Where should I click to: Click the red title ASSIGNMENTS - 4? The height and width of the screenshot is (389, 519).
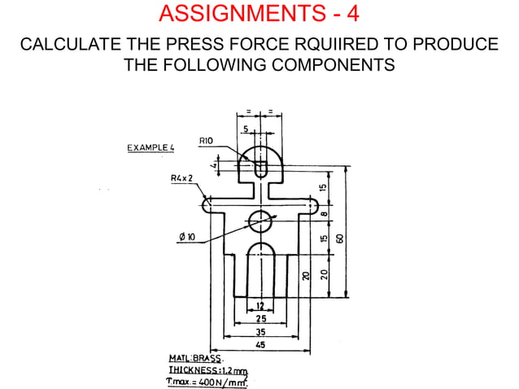click(259, 14)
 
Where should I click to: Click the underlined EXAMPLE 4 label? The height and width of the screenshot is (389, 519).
click(151, 148)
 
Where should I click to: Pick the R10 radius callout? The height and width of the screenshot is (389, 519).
click(207, 142)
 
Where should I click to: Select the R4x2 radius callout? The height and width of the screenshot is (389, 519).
click(181, 177)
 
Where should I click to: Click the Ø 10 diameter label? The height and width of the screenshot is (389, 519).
click(186, 237)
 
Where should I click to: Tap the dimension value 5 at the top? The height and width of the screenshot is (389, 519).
click(246, 129)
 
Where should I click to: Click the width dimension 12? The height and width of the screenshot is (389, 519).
click(260, 306)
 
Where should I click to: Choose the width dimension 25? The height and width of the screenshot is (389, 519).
click(261, 319)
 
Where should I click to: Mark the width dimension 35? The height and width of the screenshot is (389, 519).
click(261, 332)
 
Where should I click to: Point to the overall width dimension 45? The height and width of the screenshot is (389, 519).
click(261, 345)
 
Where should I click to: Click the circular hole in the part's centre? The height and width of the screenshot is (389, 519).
click(260, 218)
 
